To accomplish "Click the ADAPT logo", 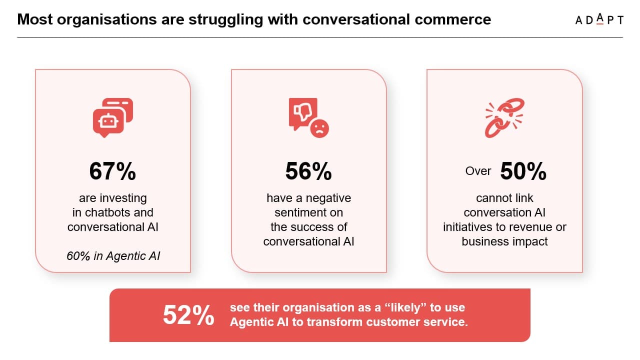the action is click(x=599, y=19).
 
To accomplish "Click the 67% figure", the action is click(x=112, y=171).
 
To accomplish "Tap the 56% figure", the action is click(x=308, y=171).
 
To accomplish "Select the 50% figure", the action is click(x=523, y=171).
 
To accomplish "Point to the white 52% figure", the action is click(x=188, y=315).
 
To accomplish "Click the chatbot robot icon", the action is click(x=113, y=117).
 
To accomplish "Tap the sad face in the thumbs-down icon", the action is click(x=319, y=128).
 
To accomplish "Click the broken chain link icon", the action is click(x=504, y=117).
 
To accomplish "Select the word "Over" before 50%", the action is click(x=478, y=171).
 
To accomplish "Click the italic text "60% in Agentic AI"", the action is click(x=113, y=256).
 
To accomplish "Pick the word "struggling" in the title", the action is click(x=225, y=20).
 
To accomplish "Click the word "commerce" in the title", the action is click(x=452, y=19).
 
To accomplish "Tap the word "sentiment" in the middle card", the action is click(x=308, y=212).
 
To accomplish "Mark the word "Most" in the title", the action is click(x=35, y=19).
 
